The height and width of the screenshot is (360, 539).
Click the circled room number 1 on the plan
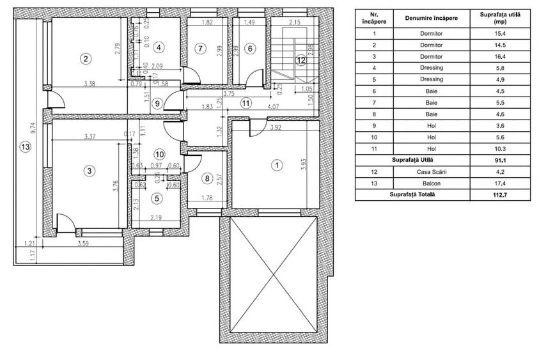click(x=276, y=164)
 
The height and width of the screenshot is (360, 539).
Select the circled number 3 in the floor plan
click(x=90, y=170)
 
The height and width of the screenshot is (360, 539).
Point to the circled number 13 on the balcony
click(x=25, y=146)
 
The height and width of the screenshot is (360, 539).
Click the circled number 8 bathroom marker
click(x=206, y=178)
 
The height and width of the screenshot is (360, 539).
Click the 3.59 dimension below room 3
click(x=83, y=244)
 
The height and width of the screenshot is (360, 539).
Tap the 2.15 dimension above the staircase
click(x=294, y=22)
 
